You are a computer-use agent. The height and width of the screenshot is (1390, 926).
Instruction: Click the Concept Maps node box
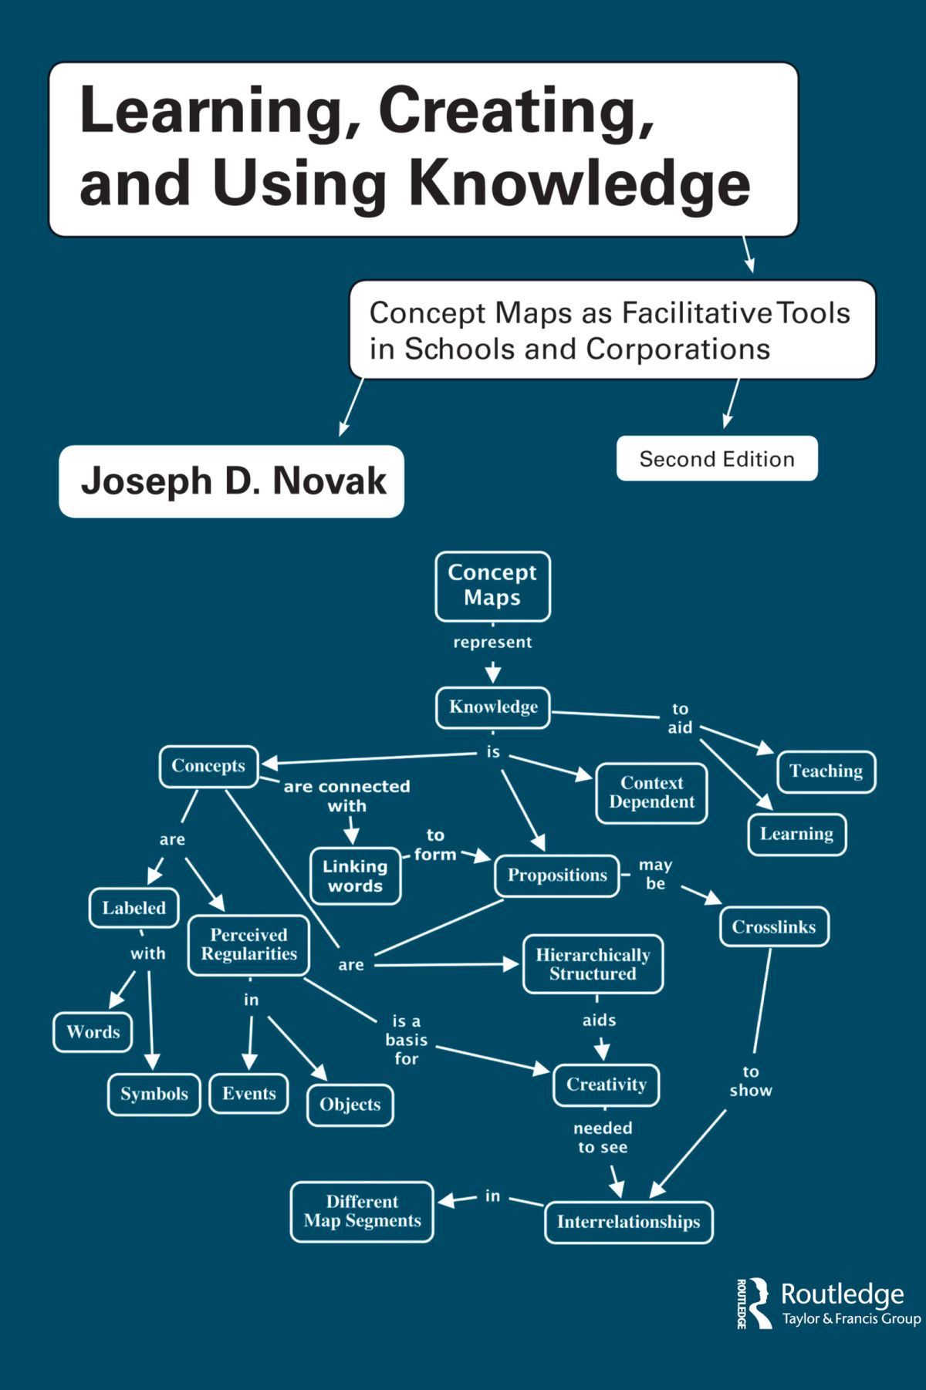pyautogui.click(x=492, y=585)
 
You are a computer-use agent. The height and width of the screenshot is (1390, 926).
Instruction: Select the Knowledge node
pyautogui.click(x=493, y=707)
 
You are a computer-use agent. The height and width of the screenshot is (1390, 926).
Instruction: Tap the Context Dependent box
pyautogui.click(x=651, y=793)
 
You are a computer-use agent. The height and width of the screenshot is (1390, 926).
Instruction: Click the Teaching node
pyautogui.click(x=826, y=771)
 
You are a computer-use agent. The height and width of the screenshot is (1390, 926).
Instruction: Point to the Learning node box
pyautogui.click(x=796, y=835)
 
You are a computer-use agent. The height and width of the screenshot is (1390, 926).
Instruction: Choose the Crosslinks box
pyautogui.click(x=773, y=927)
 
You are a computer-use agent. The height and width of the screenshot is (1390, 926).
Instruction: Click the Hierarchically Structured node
pyautogui.click(x=593, y=964)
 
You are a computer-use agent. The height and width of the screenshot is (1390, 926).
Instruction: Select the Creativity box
pyautogui.click(x=607, y=1085)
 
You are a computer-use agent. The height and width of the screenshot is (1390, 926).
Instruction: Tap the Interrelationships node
pyautogui.click(x=628, y=1222)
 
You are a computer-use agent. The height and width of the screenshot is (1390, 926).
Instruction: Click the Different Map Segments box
pyautogui.click(x=362, y=1212)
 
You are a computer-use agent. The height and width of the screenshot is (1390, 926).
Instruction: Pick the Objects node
pyautogui.click(x=350, y=1105)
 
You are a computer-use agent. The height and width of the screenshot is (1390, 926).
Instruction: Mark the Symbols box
pyautogui.click(x=154, y=1094)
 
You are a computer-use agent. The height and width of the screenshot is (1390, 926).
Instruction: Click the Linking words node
pyautogui.click(x=355, y=876)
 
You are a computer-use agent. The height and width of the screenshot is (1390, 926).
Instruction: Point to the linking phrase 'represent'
pyautogui.click(x=492, y=643)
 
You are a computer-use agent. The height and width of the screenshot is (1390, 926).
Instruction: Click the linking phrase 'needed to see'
pyautogui.click(x=603, y=1138)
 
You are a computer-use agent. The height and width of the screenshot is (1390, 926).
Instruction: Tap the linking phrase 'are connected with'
pyautogui.click(x=346, y=796)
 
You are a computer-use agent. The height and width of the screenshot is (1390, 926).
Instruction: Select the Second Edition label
pyautogui.click(x=716, y=459)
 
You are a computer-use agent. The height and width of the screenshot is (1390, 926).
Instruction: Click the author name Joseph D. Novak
pyautogui.click(x=233, y=481)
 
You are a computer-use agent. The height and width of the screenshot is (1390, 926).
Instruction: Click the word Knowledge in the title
pyautogui.click(x=579, y=184)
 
